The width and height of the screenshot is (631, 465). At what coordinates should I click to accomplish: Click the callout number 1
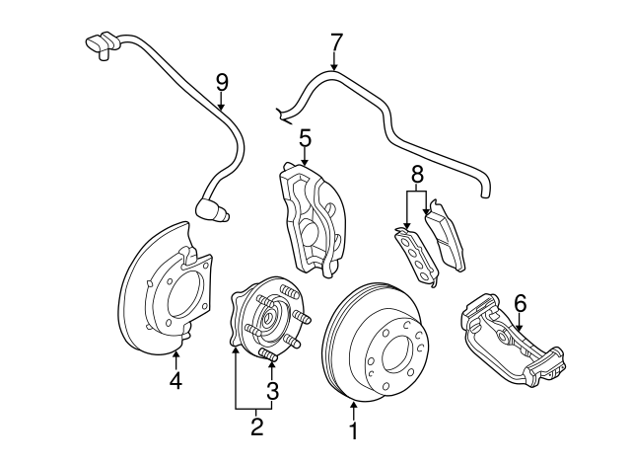click(352, 429)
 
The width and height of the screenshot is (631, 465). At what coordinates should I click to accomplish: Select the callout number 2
click(255, 426)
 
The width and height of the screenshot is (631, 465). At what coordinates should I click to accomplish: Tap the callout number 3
click(272, 391)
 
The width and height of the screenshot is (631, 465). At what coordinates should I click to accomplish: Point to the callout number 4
click(175, 380)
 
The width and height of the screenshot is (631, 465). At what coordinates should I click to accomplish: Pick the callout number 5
click(305, 136)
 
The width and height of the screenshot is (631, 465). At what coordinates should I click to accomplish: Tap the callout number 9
click(221, 83)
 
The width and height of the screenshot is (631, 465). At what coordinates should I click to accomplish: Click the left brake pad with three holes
click(413, 256)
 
